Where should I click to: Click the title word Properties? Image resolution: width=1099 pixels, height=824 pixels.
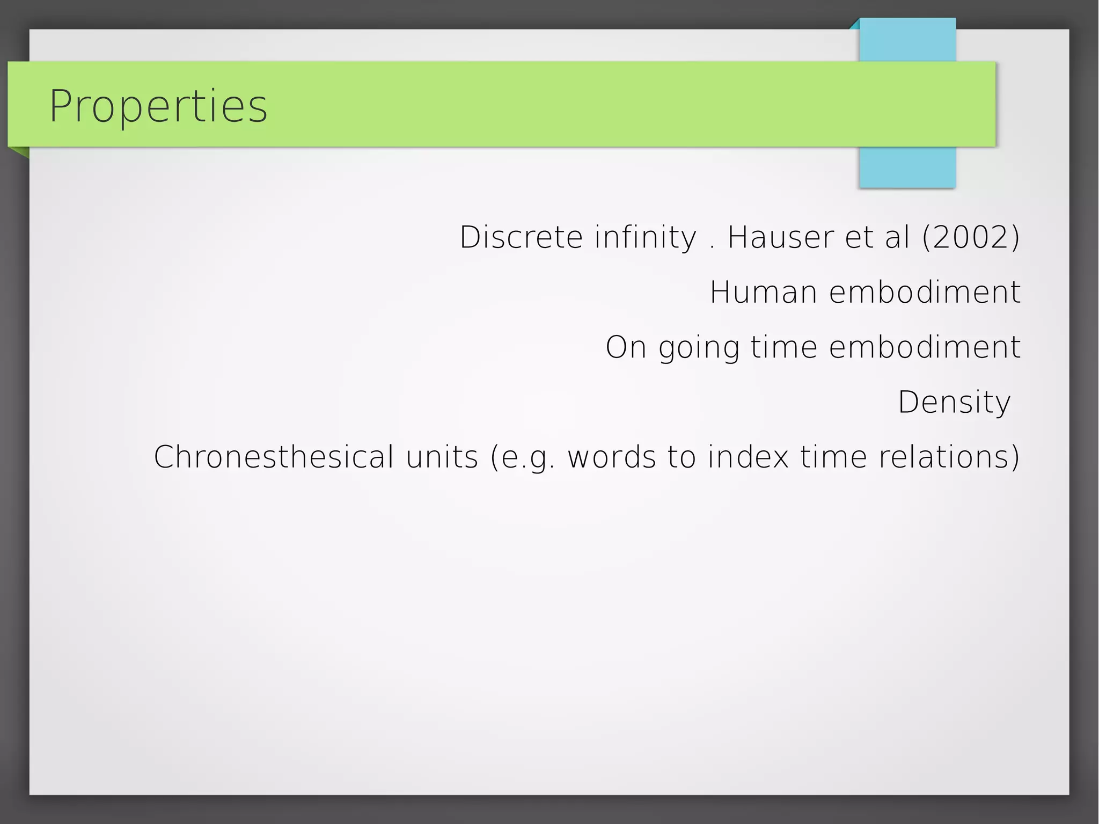(158, 106)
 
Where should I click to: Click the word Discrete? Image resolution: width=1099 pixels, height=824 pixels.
(521, 237)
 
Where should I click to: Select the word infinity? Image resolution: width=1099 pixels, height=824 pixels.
(646, 237)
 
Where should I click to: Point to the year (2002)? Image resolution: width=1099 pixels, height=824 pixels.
(971, 237)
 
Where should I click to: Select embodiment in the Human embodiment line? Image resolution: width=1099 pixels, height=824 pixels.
(925, 293)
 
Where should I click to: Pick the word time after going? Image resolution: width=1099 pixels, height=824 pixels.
(784, 347)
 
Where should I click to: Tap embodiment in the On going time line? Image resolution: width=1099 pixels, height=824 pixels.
(925, 347)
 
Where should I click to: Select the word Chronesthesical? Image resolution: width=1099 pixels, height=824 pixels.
(274, 457)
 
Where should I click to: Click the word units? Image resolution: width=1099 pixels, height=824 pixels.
(442, 457)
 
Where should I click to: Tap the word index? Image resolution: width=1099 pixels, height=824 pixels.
(748, 457)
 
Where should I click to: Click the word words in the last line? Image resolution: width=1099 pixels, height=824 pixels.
(612, 457)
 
